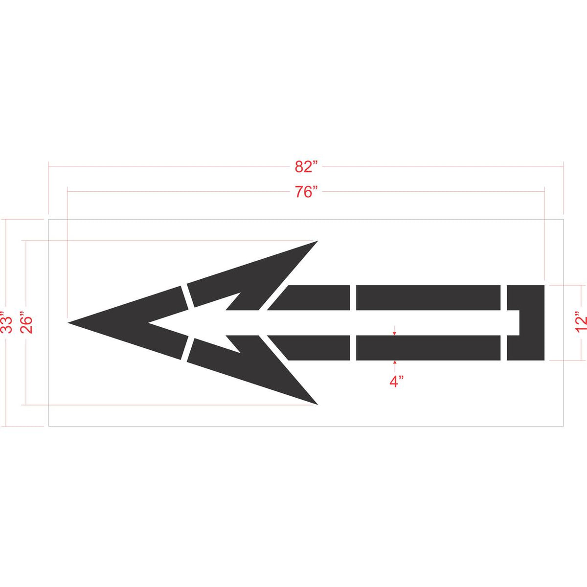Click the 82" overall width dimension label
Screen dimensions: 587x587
[306, 167]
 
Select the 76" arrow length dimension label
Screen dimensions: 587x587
[306, 192]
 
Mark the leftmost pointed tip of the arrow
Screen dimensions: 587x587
[69, 322]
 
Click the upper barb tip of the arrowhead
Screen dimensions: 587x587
[317, 242]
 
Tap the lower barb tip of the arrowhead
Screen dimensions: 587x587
[317, 404]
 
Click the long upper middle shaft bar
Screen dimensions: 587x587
[428, 297]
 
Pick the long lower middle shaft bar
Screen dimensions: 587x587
[428, 348]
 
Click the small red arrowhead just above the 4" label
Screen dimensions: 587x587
[395, 362]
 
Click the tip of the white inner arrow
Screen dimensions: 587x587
[149, 323]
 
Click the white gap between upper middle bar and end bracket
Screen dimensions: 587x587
[503, 297]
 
